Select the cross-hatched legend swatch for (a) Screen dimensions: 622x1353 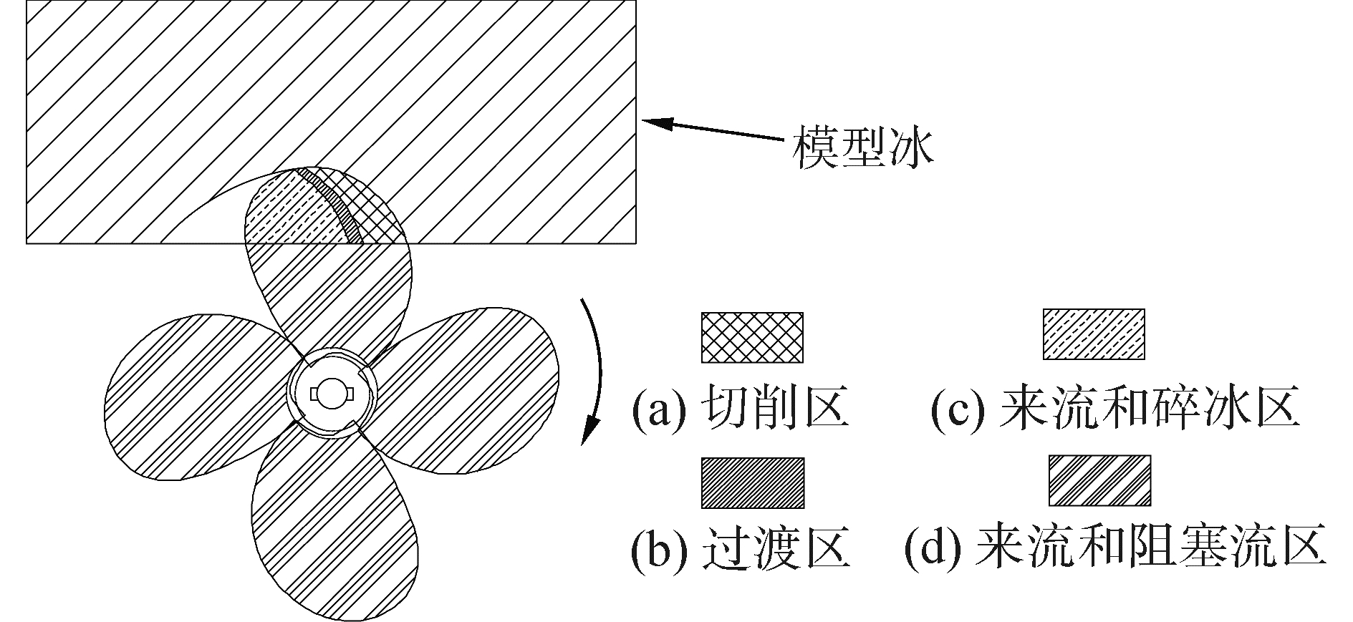[751, 336]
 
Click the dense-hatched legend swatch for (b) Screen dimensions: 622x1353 [751, 482]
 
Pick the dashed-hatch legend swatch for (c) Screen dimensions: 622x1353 [1093, 334]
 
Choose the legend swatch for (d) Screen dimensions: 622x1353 [1099, 480]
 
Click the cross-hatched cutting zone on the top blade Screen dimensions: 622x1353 [372, 208]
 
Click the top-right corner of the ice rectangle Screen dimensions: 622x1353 [635, 1]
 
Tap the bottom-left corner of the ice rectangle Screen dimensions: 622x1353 [27, 243]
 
